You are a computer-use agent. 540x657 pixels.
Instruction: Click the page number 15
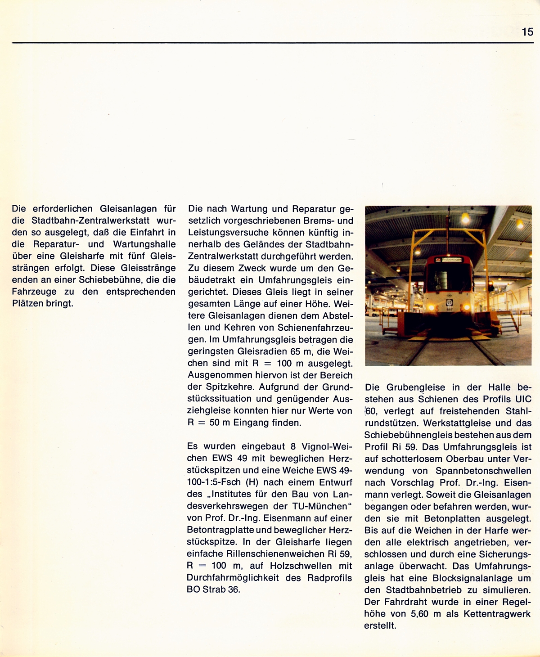click(527, 31)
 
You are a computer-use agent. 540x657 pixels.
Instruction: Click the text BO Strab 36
click(213, 589)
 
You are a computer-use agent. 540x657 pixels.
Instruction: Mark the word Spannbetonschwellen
click(484, 471)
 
